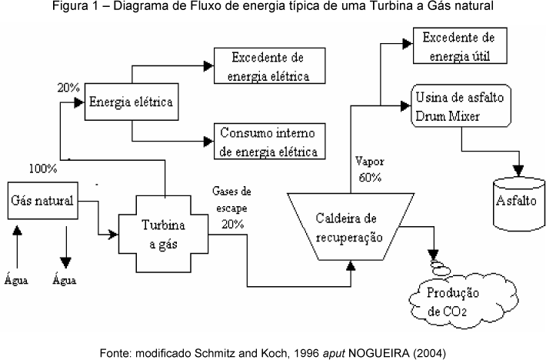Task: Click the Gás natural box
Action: (42, 202)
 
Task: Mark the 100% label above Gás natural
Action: (42, 168)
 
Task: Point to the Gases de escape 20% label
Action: (232, 207)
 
